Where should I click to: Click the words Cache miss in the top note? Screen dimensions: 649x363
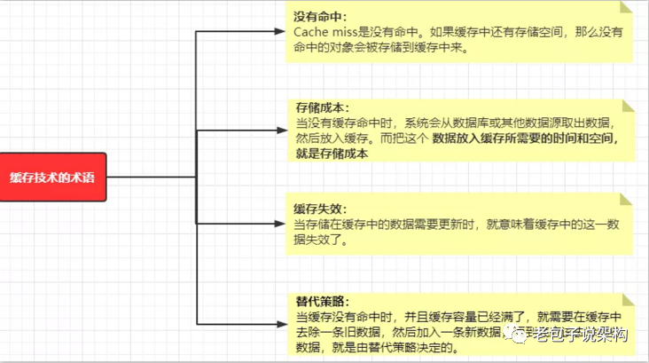pyautogui.click(x=325, y=32)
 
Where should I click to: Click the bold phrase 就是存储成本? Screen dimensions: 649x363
pyautogui.click(x=332, y=154)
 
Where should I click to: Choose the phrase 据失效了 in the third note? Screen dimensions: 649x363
pyautogui.click(x=324, y=240)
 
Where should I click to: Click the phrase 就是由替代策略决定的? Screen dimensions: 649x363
pyautogui.click(x=390, y=347)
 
